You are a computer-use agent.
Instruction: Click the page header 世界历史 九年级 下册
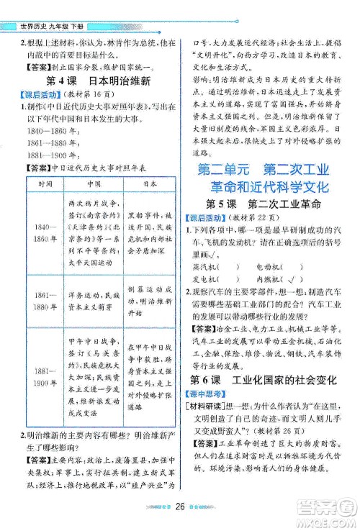55,8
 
